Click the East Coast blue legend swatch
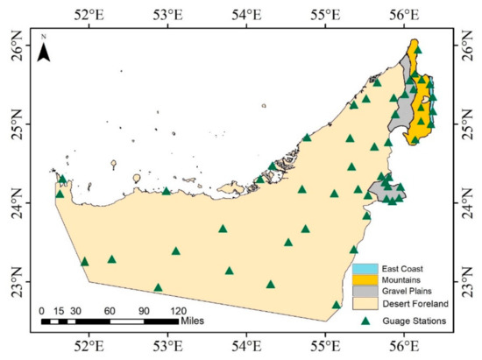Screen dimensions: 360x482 coord(365,267)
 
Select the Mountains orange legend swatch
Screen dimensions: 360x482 coord(365,279)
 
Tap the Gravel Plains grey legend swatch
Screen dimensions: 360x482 coord(365,291)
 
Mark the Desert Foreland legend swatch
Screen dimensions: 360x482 coord(365,303)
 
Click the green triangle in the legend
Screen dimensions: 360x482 coord(365,321)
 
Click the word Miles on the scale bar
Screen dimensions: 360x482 coord(197,321)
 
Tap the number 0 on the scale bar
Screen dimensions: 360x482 coord(42,311)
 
